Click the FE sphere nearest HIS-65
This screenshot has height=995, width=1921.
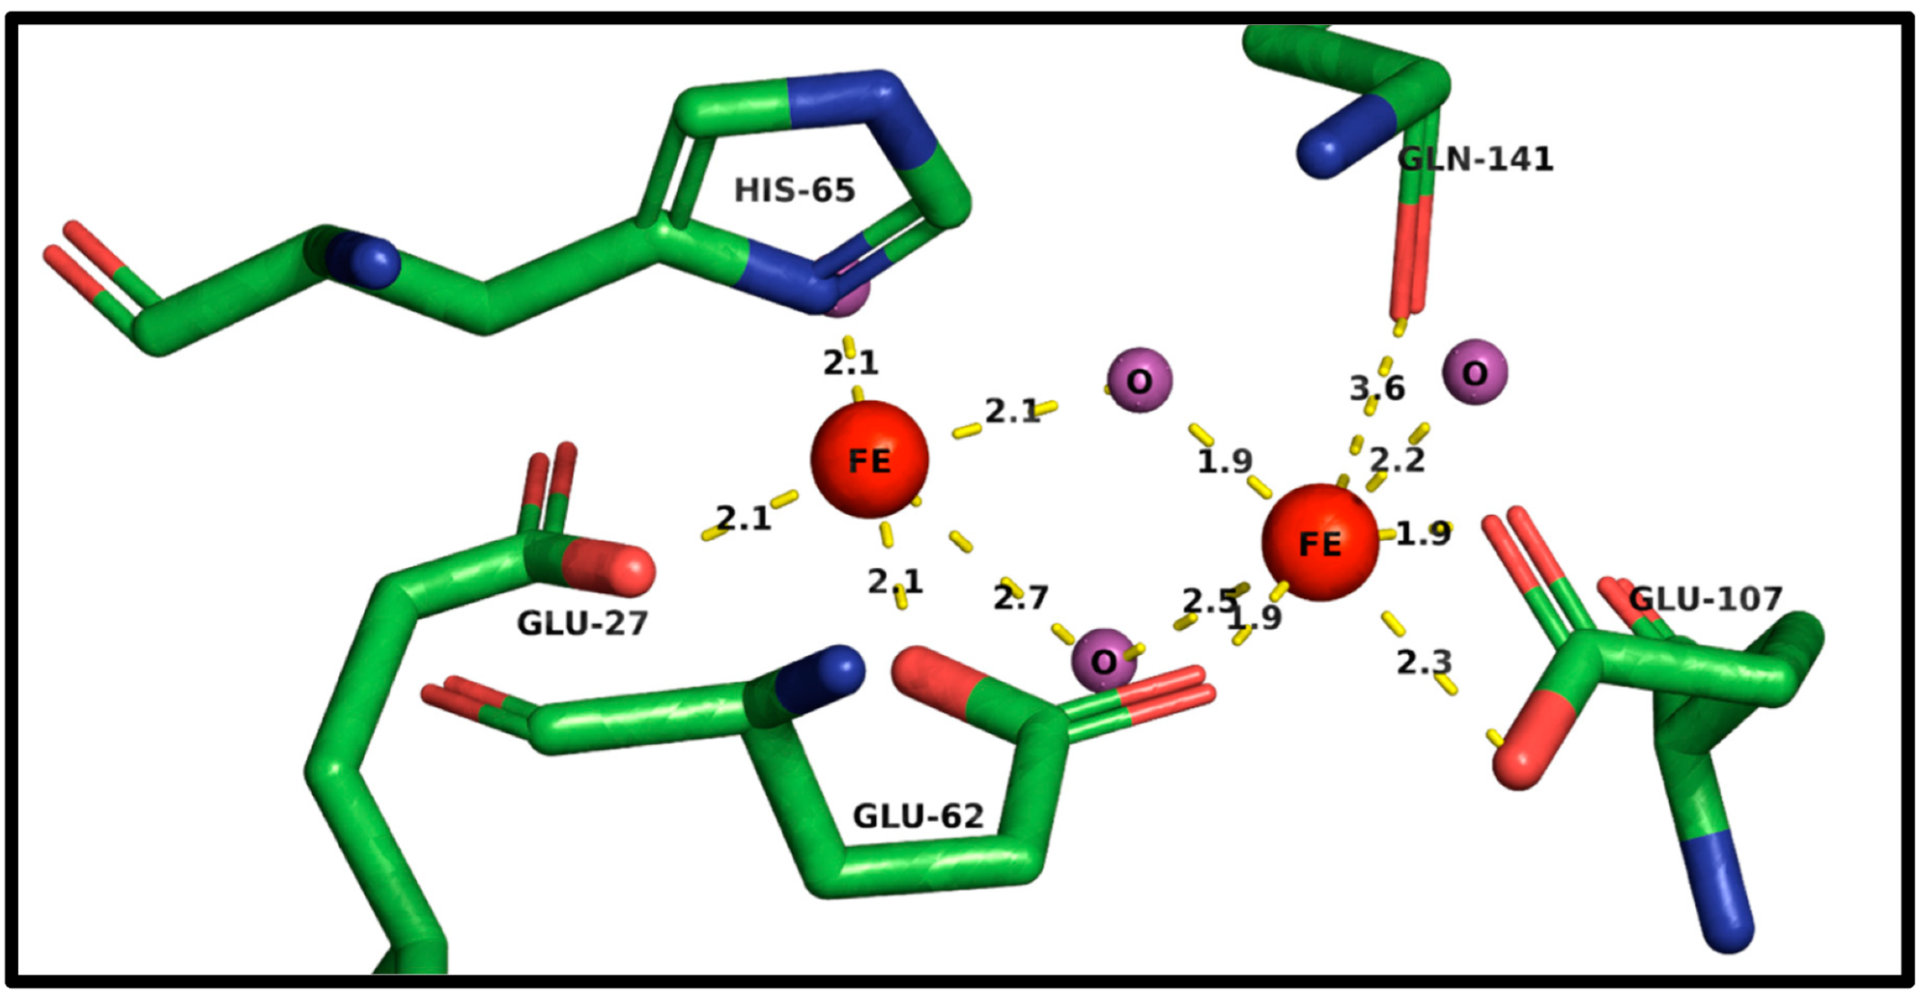point(868,459)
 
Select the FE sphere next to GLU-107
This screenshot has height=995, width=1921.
point(1319,542)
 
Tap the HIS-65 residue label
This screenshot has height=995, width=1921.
point(794,190)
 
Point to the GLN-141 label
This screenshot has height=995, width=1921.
point(1476,158)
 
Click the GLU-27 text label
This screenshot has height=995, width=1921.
point(581,623)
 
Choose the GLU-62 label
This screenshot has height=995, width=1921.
point(918,816)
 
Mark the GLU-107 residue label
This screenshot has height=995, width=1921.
point(1705,599)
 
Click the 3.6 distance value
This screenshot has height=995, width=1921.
point(1377,388)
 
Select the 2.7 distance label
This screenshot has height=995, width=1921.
point(1020,598)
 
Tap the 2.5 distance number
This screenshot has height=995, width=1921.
point(1209,602)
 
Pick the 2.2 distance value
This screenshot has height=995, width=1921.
point(1397,460)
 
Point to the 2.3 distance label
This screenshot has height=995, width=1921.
point(1424,662)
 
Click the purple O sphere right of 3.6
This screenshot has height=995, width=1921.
point(1474,372)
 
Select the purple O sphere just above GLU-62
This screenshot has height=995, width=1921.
point(1104,661)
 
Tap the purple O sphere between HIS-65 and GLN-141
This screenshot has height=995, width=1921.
point(1139,381)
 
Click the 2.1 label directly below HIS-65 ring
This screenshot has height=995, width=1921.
point(850,363)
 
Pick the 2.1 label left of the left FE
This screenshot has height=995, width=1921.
point(743,519)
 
